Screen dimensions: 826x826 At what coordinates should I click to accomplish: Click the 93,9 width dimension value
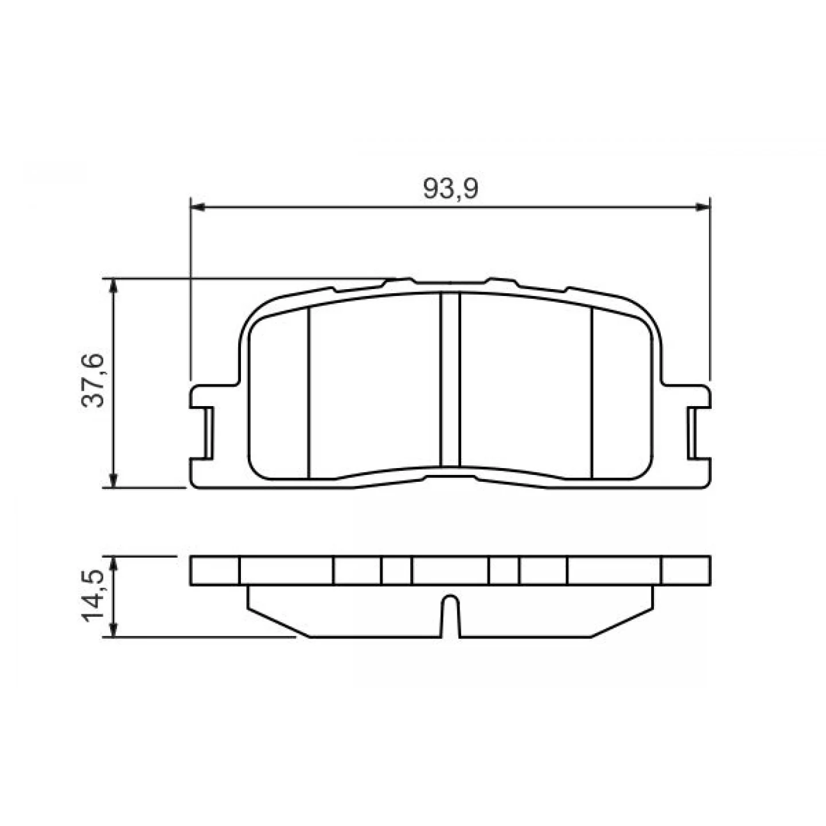450,188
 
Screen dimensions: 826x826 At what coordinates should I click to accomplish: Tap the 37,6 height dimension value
92,380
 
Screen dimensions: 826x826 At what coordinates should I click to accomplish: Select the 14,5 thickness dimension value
92,595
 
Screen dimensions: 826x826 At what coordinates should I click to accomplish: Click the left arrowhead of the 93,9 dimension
198,208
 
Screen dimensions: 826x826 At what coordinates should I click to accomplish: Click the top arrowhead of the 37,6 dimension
114,286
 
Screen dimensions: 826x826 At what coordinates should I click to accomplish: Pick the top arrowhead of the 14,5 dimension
114,564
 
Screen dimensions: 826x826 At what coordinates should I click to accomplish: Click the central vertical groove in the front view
450,379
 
